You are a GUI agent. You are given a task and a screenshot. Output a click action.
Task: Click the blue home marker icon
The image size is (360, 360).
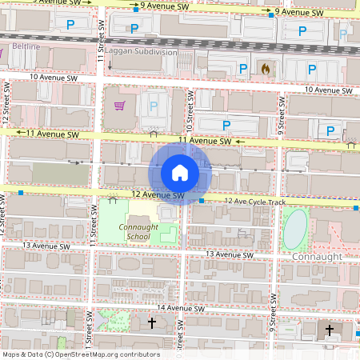(180, 172)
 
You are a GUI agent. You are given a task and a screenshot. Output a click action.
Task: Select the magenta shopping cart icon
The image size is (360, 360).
(119, 105)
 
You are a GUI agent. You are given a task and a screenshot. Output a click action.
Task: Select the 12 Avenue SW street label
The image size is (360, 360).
(158, 195)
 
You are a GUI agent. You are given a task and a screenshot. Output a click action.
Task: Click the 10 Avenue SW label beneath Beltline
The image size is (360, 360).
(54, 78)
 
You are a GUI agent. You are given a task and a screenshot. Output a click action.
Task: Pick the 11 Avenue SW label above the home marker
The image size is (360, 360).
(205, 141)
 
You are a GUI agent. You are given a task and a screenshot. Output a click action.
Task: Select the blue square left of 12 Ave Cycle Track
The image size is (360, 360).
(203, 200)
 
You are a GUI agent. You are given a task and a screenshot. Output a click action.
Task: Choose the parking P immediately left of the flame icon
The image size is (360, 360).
(241, 70)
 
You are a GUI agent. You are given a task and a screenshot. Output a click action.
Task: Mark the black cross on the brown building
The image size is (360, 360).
(329, 329)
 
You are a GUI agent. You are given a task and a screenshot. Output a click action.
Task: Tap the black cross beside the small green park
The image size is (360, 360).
(152, 322)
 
